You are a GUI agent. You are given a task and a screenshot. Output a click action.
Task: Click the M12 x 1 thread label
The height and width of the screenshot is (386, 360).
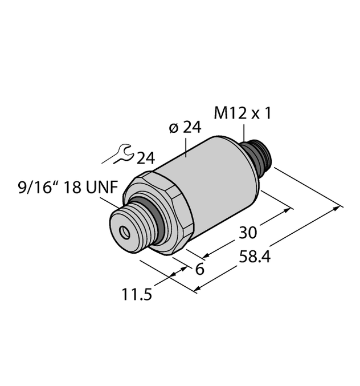tap(242, 113)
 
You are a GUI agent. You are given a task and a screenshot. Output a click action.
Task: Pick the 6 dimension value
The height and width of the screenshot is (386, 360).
tap(199, 269)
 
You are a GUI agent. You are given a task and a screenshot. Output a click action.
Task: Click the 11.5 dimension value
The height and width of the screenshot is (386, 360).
tap(137, 296)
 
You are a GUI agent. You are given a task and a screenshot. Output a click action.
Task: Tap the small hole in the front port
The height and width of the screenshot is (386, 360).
tap(124, 231)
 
